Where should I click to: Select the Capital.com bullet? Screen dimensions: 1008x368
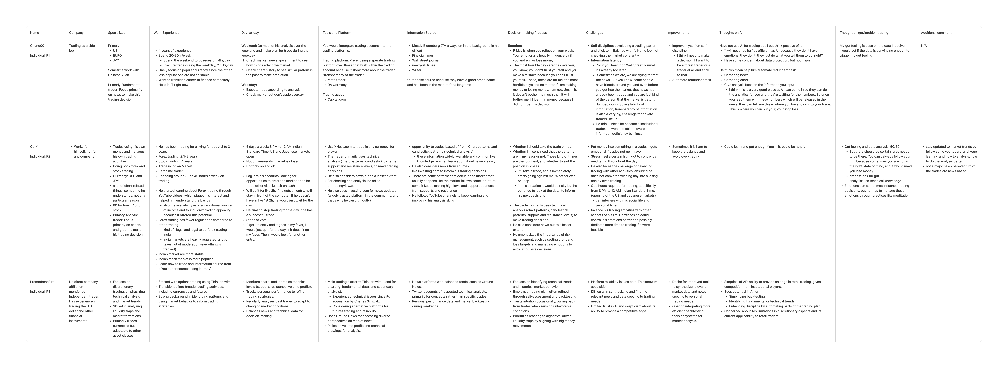point(337,100)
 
